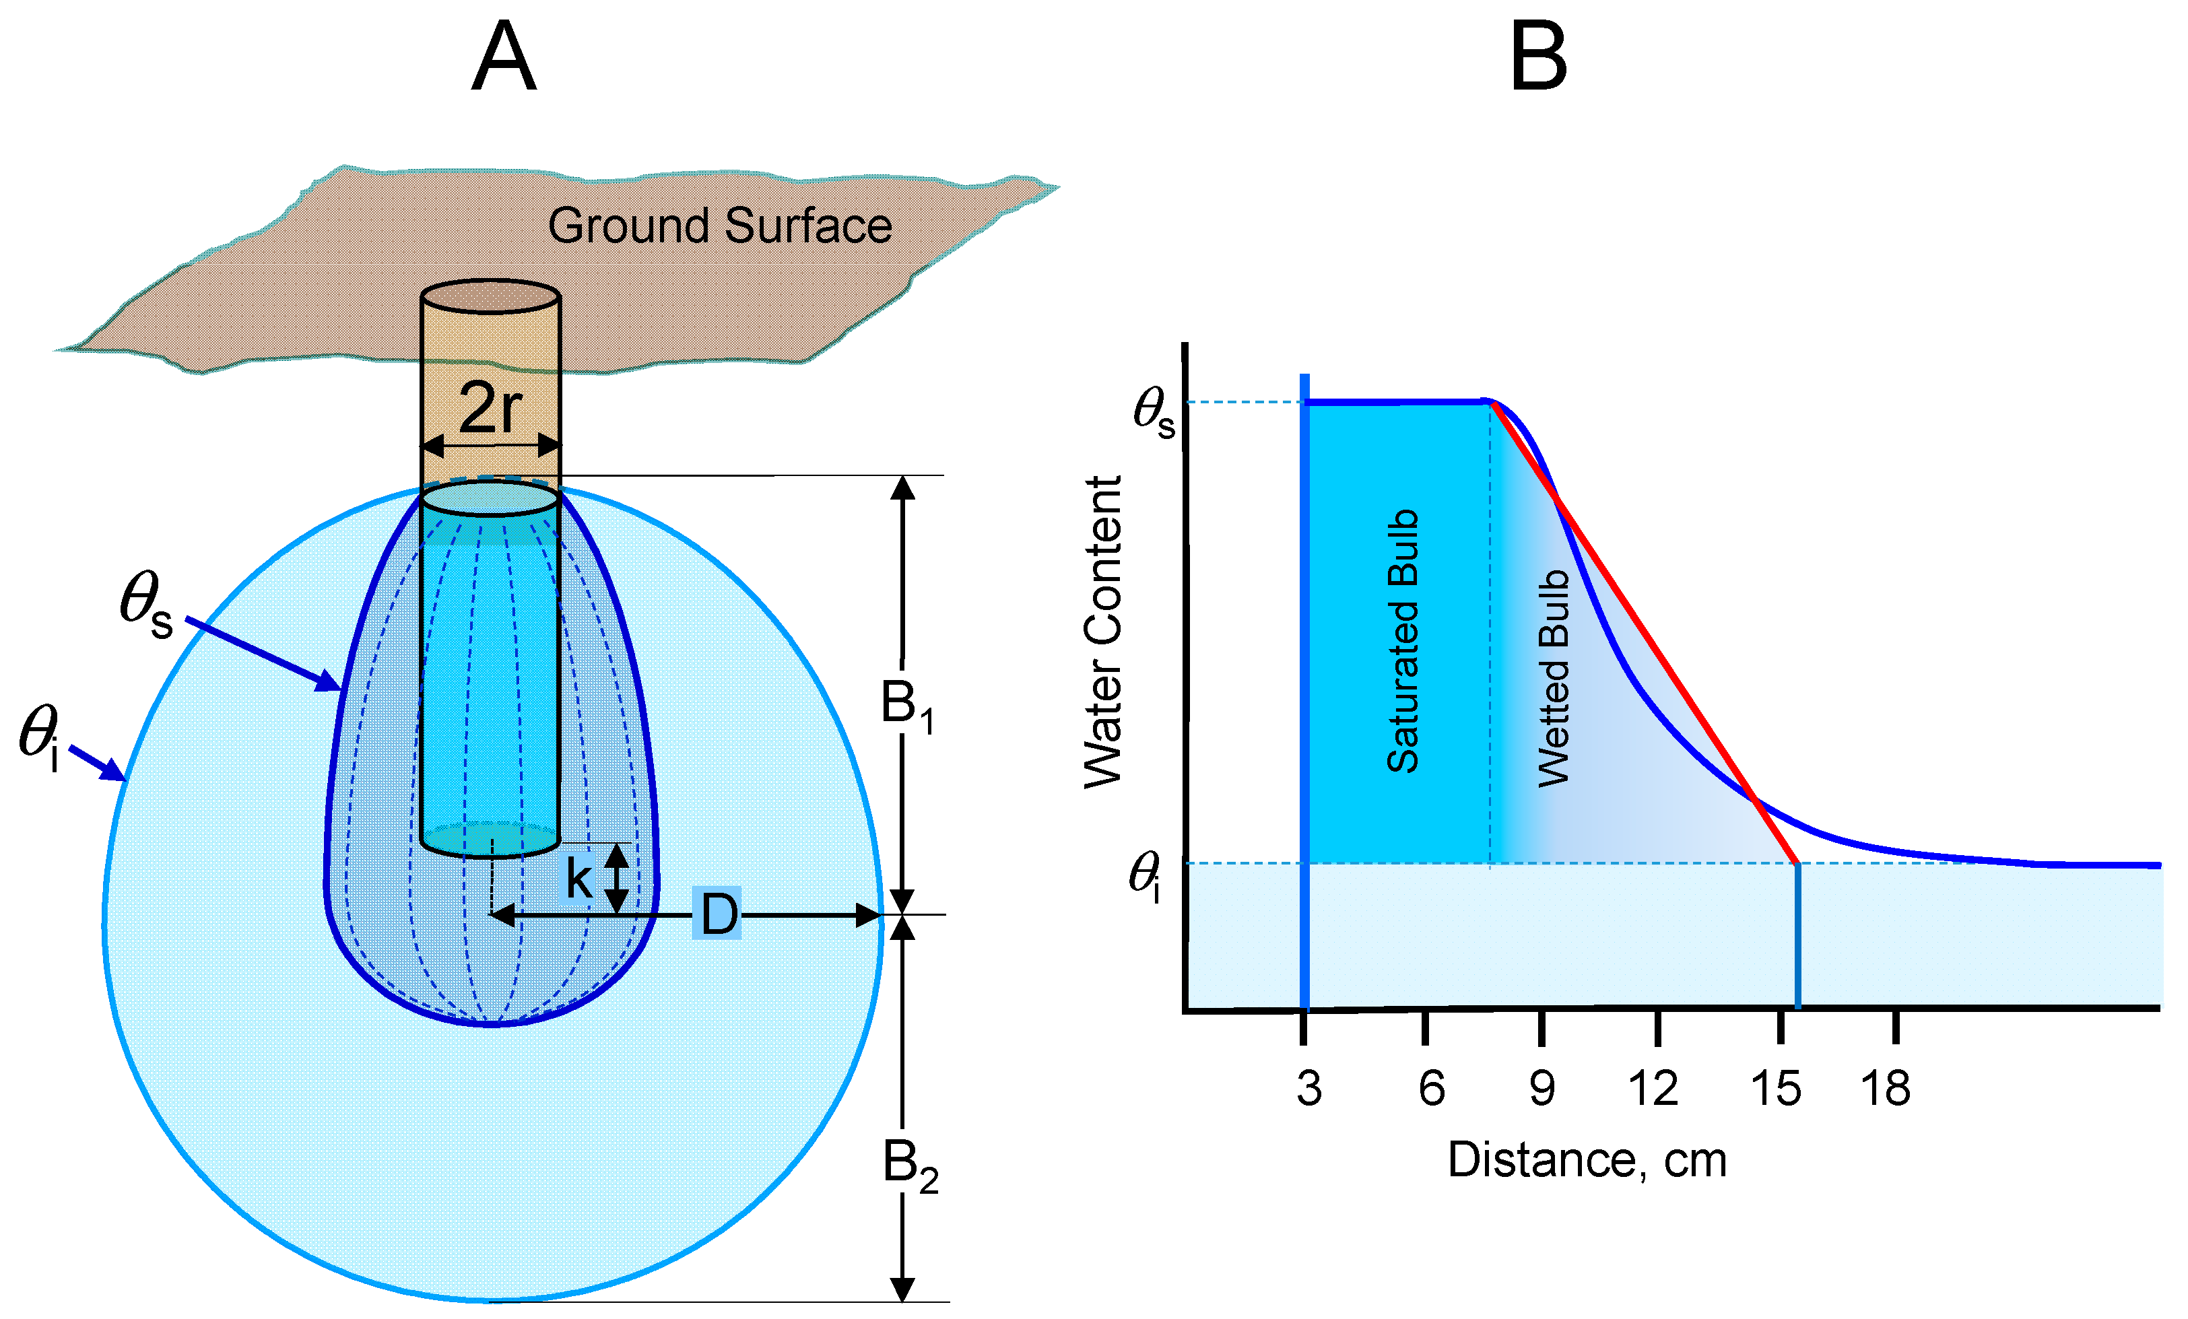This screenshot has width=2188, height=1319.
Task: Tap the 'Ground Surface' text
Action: (x=719, y=226)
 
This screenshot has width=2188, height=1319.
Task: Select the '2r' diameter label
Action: (x=490, y=407)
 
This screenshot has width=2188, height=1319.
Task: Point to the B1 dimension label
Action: (x=906, y=706)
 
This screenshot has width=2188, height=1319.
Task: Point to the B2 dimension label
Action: (x=909, y=1165)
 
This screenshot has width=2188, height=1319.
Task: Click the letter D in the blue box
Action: (x=719, y=914)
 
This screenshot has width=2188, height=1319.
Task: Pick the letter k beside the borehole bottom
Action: (x=579, y=879)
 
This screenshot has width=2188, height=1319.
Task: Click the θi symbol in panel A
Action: (x=40, y=736)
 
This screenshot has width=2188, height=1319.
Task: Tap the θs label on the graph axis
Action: (x=1153, y=413)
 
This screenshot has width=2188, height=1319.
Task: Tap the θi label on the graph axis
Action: (x=1146, y=875)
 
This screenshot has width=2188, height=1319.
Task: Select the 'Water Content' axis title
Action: (x=1103, y=632)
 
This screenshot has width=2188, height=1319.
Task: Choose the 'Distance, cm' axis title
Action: (x=1587, y=1159)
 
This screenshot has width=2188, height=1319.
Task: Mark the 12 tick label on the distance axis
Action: (x=1653, y=1088)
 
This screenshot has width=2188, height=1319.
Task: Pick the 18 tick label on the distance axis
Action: (x=1885, y=1088)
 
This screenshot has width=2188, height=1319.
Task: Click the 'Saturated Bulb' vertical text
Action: (x=1403, y=641)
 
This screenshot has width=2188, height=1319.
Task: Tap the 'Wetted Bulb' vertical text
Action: (x=1554, y=679)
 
